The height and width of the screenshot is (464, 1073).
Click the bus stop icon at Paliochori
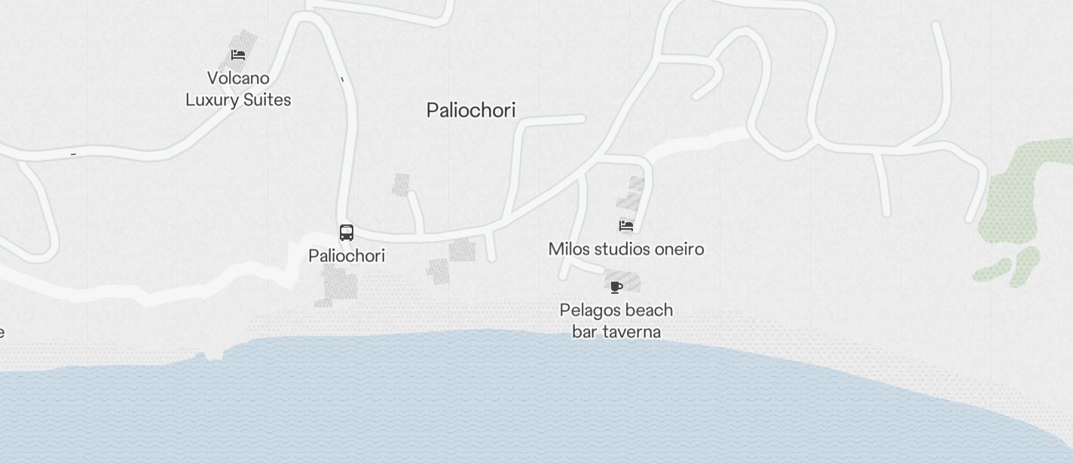click(x=347, y=233)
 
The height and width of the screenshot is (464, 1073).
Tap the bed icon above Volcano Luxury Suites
click(x=238, y=55)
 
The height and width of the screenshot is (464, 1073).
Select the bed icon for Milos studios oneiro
click(x=625, y=225)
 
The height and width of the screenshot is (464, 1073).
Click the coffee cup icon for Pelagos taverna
click(x=616, y=286)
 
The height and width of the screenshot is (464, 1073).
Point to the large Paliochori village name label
click(x=471, y=110)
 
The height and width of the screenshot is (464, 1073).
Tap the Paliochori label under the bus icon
click(x=347, y=256)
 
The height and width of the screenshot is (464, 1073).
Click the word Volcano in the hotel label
click(x=238, y=78)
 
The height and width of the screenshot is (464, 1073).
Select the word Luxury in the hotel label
click(x=213, y=100)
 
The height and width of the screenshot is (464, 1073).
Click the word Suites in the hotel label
click(x=267, y=100)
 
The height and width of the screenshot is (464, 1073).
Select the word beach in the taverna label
click(x=648, y=310)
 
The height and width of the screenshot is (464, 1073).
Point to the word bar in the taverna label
click(x=583, y=332)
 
